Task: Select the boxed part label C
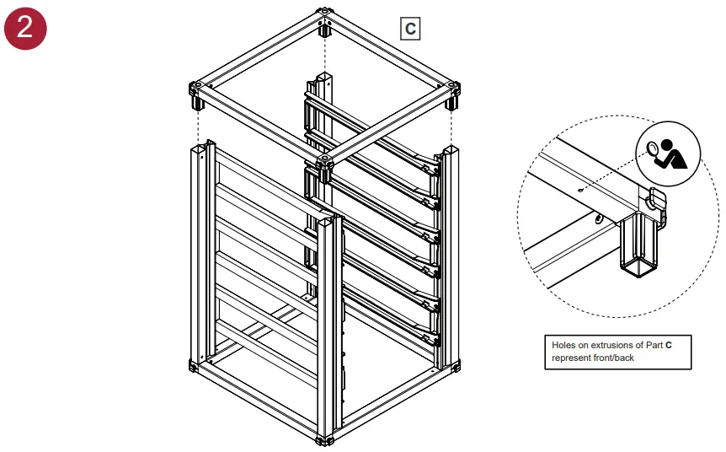click(x=409, y=29)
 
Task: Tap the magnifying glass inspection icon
click(x=668, y=152)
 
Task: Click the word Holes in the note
click(x=565, y=346)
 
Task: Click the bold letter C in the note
click(x=669, y=346)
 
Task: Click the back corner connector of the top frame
click(x=324, y=16)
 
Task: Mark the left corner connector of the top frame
click(x=197, y=89)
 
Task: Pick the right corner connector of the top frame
click(x=452, y=89)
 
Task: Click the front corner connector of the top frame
click(x=324, y=162)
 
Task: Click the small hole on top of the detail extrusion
click(x=581, y=191)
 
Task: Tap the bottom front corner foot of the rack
click(x=324, y=439)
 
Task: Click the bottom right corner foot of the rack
click(x=456, y=366)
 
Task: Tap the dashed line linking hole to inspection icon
click(x=615, y=173)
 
